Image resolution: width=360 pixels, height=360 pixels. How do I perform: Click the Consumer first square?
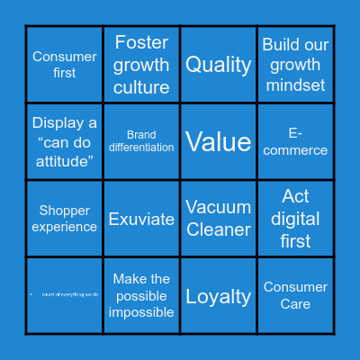pos(65,65)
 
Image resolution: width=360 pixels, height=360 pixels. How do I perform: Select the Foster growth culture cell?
pos(141,65)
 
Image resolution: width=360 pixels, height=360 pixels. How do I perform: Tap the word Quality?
pos(219,65)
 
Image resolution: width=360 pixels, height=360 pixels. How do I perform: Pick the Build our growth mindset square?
pos(295,65)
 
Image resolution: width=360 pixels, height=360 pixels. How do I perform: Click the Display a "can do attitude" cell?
pos(65,141)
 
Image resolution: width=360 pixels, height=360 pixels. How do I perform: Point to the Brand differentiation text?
pos(141,141)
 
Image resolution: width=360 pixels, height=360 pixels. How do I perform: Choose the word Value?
pos(219,141)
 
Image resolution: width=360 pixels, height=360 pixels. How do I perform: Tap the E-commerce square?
pos(295,141)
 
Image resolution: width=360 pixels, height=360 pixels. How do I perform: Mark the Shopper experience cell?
pos(65,219)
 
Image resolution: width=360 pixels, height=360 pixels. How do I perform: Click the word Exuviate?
pos(141,219)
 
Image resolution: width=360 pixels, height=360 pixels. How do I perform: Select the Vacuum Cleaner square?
pos(219,219)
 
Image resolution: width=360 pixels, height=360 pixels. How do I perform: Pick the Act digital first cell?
pos(295,219)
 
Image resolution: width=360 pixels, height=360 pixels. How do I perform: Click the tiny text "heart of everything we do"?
pos(69,295)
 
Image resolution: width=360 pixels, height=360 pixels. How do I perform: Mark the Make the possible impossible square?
pos(141,295)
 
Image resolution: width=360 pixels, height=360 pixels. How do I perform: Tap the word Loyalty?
pos(219,295)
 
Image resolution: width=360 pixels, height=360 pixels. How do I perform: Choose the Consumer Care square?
pos(295,295)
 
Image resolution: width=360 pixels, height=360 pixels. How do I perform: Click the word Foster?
pos(141,42)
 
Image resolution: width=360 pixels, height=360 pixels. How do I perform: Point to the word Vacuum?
pos(219,207)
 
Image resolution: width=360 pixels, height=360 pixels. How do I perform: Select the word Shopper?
pos(65,211)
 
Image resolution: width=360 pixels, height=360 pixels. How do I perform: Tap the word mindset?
pos(295,86)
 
